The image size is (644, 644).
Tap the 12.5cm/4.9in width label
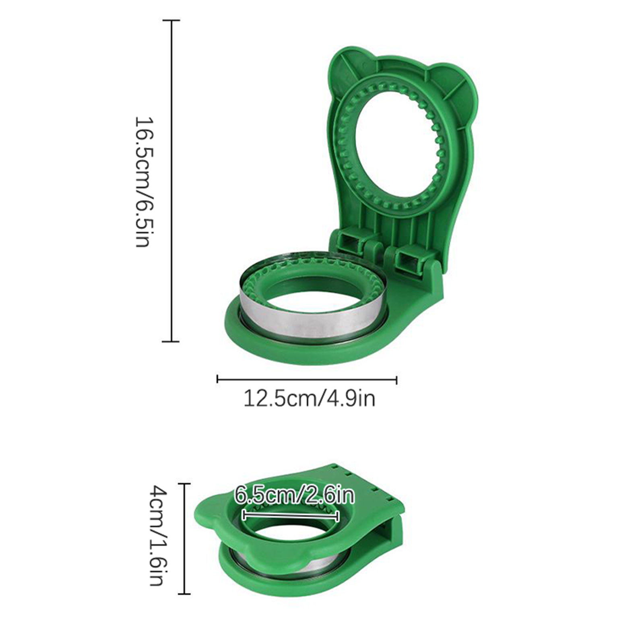pyautogui.click(x=310, y=399)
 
